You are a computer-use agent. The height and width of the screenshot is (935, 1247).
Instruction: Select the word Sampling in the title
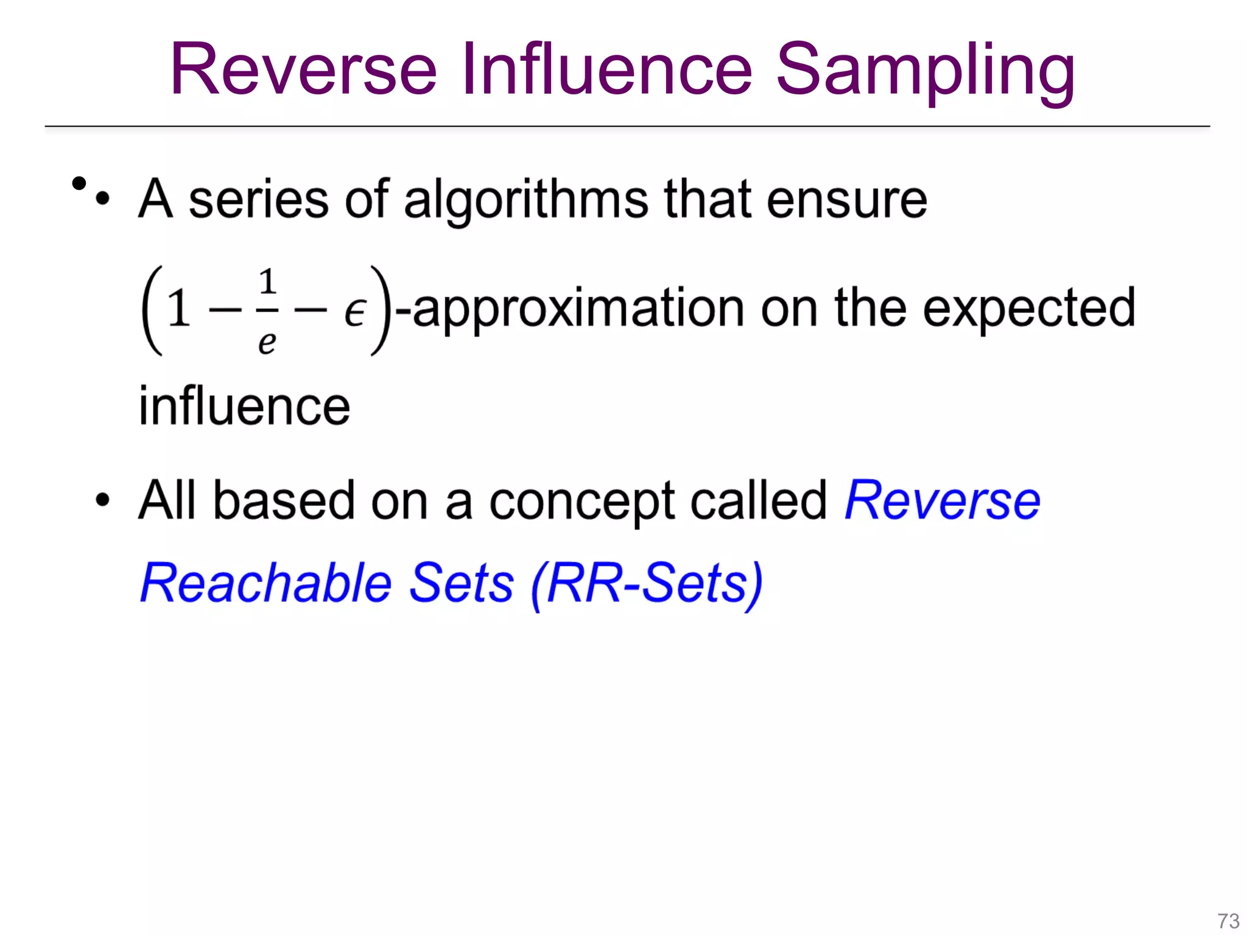click(926, 72)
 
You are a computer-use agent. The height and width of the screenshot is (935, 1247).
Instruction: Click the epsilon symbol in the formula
click(354, 312)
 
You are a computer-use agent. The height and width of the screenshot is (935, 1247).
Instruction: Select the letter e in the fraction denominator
click(267, 342)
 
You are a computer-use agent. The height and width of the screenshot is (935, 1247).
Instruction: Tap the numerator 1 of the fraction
click(267, 282)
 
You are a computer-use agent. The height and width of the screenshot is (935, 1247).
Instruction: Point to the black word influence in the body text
click(244, 406)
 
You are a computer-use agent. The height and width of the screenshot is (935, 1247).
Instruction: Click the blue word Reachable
click(266, 583)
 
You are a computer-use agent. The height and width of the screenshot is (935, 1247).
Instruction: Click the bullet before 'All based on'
click(103, 500)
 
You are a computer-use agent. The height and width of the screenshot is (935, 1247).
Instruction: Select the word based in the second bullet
click(283, 500)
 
